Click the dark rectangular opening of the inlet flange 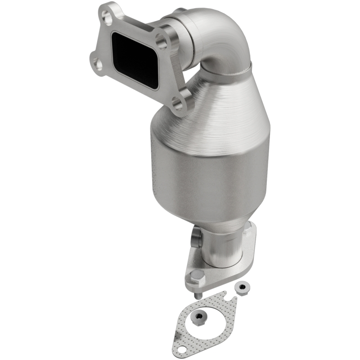[x=134, y=60]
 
